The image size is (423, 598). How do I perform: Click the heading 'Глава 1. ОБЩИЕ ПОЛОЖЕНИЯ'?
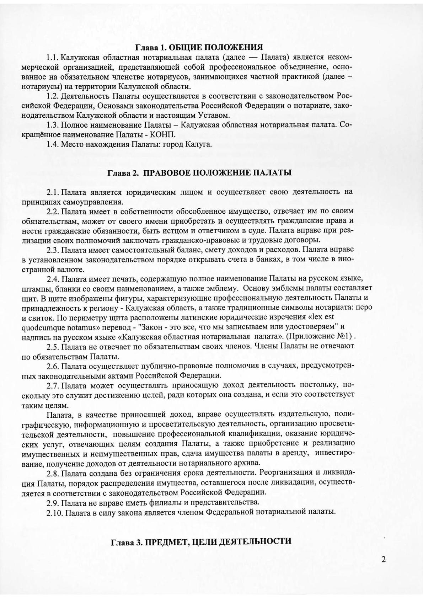pyautogui.click(x=199, y=47)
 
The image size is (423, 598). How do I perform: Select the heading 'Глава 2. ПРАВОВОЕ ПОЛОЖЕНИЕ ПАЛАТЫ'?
pyautogui.click(x=199, y=173)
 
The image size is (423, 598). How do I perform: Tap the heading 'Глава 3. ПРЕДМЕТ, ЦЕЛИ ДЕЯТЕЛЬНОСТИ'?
pyautogui.click(x=201, y=541)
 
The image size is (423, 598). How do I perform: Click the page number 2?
pyautogui.click(x=383, y=559)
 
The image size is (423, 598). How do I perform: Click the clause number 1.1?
pyautogui.click(x=53, y=57)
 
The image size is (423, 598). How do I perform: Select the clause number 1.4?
pyautogui.click(x=53, y=144)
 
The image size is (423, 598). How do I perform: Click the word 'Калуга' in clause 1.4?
pyautogui.click(x=200, y=144)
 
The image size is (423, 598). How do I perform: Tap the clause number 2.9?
pyautogui.click(x=53, y=503)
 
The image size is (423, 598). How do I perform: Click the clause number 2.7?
pyautogui.click(x=53, y=385)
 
